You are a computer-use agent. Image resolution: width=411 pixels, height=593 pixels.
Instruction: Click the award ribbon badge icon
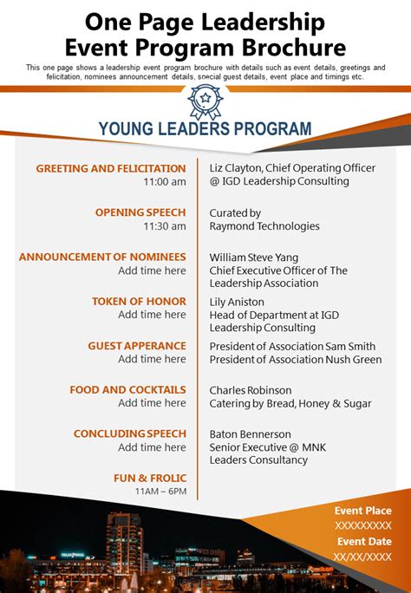(x=205, y=102)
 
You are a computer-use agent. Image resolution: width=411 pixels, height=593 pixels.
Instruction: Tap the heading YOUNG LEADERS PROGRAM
(x=205, y=129)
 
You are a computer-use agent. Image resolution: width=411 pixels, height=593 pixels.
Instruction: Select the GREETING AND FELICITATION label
(x=111, y=168)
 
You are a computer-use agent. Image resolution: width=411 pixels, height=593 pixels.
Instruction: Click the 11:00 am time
(x=165, y=182)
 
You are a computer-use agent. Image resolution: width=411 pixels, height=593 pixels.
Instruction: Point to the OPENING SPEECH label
(x=140, y=212)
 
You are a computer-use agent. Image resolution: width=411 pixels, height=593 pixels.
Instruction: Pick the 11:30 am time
(x=165, y=226)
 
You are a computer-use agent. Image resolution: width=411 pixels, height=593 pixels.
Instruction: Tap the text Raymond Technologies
(x=264, y=226)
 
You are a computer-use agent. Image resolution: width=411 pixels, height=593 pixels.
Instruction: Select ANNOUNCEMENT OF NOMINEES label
(x=102, y=257)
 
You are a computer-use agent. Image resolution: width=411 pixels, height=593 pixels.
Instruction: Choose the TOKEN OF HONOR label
(x=139, y=301)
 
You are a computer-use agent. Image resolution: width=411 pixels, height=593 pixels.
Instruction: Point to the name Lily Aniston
(x=237, y=301)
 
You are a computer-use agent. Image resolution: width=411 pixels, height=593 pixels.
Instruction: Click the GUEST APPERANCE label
(x=137, y=345)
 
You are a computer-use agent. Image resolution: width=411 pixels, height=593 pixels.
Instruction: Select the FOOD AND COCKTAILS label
(x=128, y=389)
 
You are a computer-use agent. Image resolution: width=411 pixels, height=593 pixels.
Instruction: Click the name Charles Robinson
(x=251, y=389)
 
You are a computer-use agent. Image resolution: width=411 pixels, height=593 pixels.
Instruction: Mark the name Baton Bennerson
(x=250, y=433)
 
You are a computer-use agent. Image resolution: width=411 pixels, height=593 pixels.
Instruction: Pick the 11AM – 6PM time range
(x=160, y=491)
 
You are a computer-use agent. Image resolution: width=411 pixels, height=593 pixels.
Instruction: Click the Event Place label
(x=363, y=511)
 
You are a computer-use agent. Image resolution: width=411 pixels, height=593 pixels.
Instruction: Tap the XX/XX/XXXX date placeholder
(x=363, y=557)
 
